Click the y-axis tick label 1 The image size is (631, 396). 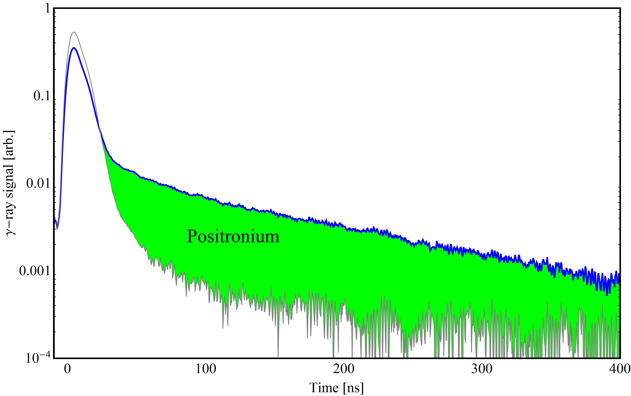[x=47, y=9]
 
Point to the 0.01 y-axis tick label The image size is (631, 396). [x=38, y=183]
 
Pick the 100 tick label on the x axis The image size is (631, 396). [x=206, y=369]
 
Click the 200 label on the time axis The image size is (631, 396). [x=344, y=369]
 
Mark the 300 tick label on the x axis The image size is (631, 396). [x=482, y=369]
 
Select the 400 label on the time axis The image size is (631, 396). [x=619, y=369]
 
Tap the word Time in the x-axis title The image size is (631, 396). [x=324, y=388]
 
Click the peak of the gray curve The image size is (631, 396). [x=74, y=32]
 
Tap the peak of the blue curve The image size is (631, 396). [x=74, y=48]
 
